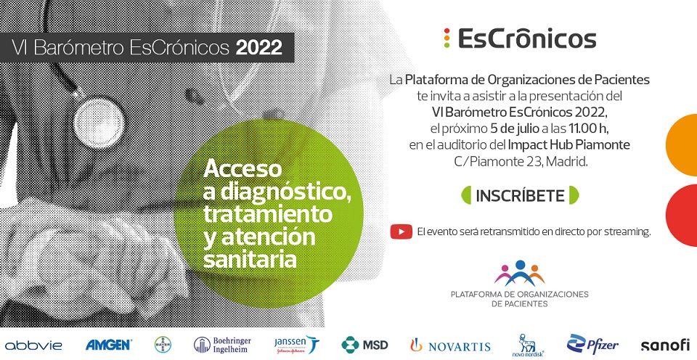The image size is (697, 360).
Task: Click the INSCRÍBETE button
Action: click(x=520, y=195)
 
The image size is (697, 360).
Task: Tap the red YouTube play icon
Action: click(x=402, y=232)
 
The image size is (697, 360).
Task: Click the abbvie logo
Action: click(x=33, y=345)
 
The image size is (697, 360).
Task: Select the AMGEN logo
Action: click(x=108, y=345)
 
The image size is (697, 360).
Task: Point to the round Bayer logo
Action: click(x=163, y=345)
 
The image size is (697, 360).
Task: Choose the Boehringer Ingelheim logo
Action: click(x=222, y=345)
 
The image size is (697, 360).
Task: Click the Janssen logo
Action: click(x=296, y=345)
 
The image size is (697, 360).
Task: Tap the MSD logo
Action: click(x=364, y=345)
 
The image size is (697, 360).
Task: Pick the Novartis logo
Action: click(x=450, y=345)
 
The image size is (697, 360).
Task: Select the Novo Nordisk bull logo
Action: click(x=528, y=345)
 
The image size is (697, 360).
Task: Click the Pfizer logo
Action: click(x=592, y=344)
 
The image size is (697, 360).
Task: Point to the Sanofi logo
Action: click(x=665, y=345)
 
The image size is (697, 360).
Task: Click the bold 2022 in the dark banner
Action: click(x=259, y=48)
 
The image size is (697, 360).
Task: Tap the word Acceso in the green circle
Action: click(x=242, y=169)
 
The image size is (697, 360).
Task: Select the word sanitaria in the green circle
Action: click(x=250, y=259)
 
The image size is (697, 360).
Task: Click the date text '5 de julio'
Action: click(x=514, y=129)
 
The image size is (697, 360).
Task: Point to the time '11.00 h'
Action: click(x=587, y=129)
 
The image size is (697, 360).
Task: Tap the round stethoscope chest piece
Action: click(x=99, y=122)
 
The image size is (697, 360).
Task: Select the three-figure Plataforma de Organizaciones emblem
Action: click(x=519, y=274)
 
